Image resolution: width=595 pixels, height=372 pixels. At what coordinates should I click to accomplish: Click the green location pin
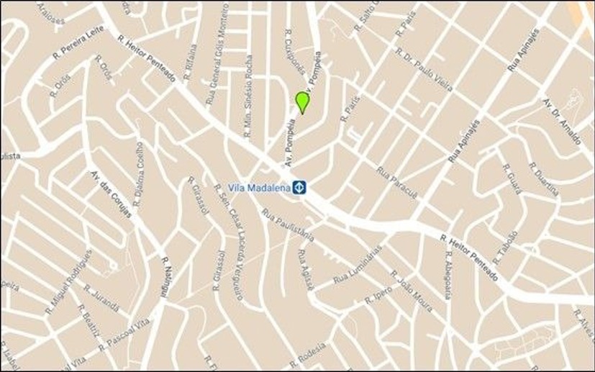pyautogui.click(x=302, y=101)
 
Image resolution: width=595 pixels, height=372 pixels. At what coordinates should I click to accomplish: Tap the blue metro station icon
pyautogui.click(x=300, y=188)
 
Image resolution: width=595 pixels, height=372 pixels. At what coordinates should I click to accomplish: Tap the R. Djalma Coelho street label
pyautogui.click(x=140, y=173)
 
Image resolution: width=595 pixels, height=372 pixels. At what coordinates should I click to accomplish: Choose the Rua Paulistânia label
pyautogui.click(x=288, y=224)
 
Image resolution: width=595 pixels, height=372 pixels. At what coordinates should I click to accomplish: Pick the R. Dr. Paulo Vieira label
pyautogui.click(x=424, y=73)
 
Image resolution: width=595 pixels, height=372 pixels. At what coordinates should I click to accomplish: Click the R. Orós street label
pyautogui.click(x=62, y=84)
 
